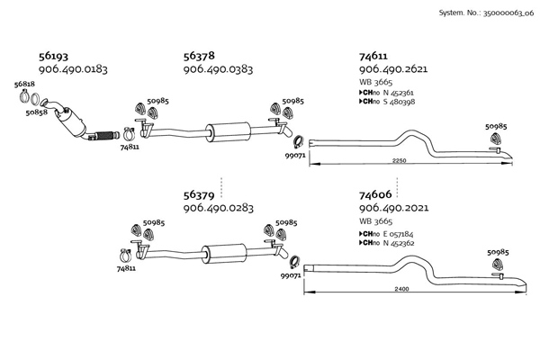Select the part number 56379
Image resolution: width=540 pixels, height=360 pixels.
pos(199,194)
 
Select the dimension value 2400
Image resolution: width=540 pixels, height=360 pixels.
pos(401,289)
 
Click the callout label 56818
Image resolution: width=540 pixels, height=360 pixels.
pos(25,83)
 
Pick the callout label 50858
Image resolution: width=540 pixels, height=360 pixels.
pos(36,112)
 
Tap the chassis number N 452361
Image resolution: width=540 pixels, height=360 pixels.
pos(400,93)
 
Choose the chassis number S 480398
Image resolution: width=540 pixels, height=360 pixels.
pos(399,102)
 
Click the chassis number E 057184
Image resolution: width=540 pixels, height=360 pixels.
pos(400,233)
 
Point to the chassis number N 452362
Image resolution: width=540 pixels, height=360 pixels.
pos(400,242)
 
